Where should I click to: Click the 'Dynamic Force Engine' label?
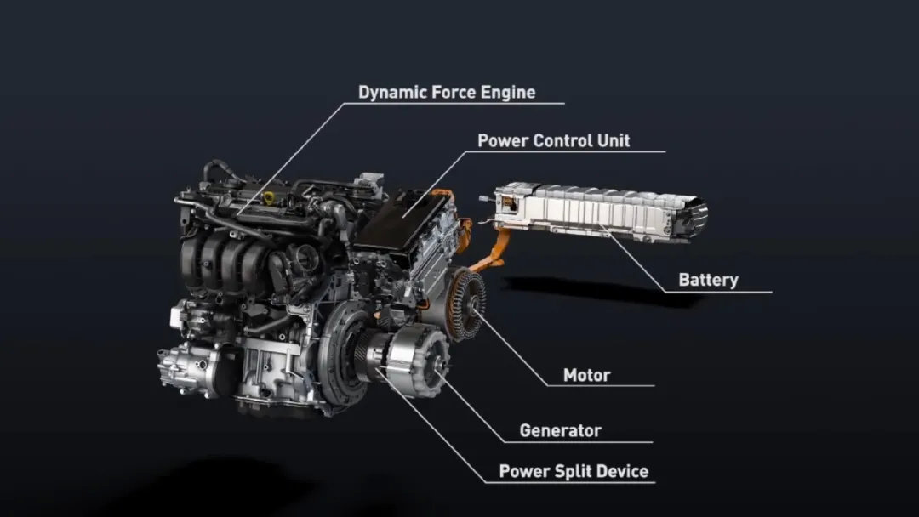tap(447, 93)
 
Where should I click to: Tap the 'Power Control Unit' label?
tap(554, 141)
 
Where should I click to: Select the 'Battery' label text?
tap(708, 280)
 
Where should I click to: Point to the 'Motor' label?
tap(586, 375)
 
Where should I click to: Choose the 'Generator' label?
tap(560, 431)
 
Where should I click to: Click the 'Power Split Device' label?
tap(574, 471)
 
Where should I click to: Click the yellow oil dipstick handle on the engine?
tap(269, 197)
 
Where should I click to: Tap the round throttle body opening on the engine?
tap(305, 258)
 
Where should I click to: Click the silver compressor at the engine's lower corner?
tap(186, 366)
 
